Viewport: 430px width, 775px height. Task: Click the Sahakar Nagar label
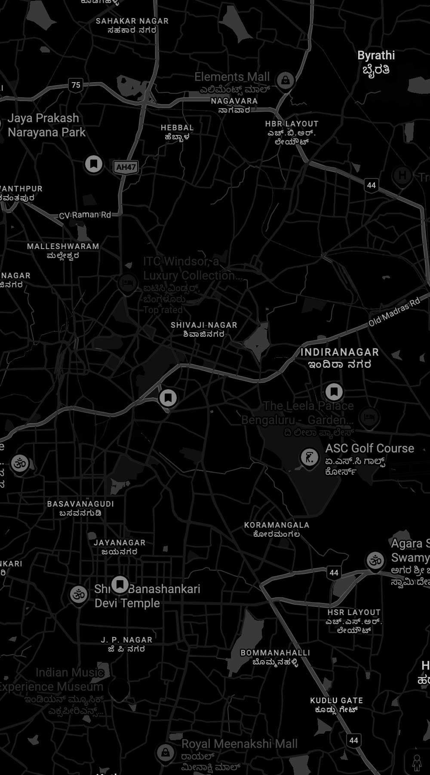point(132,25)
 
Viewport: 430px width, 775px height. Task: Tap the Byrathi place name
point(376,62)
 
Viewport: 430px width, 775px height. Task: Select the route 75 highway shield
point(76,85)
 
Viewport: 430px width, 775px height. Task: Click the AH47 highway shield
point(126,167)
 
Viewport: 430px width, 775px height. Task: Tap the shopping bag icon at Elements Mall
point(285,80)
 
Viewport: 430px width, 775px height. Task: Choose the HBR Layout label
point(292,132)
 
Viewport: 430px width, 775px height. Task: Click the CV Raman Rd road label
point(85,215)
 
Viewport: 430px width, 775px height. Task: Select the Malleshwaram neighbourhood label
point(63,251)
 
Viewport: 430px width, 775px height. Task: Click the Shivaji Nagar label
point(204,329)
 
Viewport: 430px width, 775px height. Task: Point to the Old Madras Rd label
point(394,312)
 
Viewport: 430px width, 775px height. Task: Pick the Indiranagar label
point(340,358)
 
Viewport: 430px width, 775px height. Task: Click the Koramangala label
point(276,529)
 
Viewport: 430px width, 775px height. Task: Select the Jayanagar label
point(120,547)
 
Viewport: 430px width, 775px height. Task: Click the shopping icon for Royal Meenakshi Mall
point(165,752)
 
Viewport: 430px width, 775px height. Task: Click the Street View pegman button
point(416,763)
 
